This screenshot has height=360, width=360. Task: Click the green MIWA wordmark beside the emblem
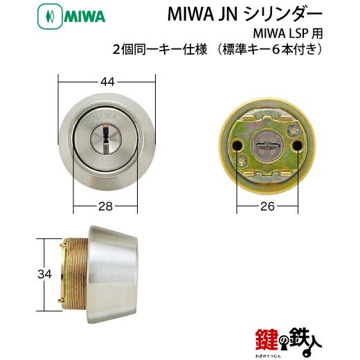(x=84, y=18)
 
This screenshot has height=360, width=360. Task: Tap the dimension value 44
(x=107, y=82)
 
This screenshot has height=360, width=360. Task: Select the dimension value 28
(x=105, y=206)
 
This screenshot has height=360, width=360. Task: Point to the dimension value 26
(x=267, y=206)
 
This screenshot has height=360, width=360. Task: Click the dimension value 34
(x=44, y=274)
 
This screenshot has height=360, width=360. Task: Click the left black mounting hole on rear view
(x=237, y=145)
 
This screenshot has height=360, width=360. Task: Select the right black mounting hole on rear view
(x=298, y=145)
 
